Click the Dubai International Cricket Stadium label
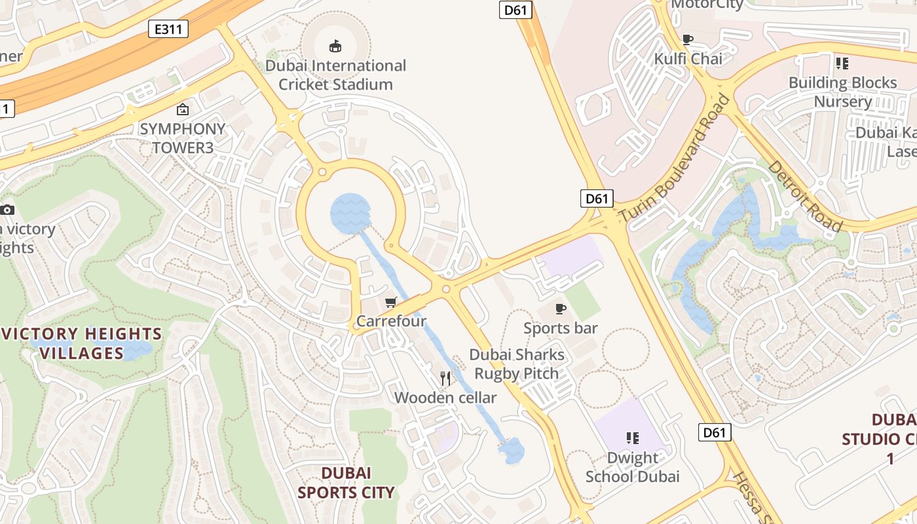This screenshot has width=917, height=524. pyautogui.click(x=335, y=75)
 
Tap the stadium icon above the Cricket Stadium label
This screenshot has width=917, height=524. pyautogui.click(x=335, y=46)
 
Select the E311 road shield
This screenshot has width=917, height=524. pyautogui.click(x=168, y=29)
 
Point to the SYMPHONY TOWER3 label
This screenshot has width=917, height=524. pyautogui.click(x=183, y=138)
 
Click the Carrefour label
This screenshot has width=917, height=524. pyautogui.click(x=391, y=321)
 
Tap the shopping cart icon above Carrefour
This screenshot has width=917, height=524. pyautogui.click(x=391, y=302)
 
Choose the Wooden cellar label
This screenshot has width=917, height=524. pyautogui.click(x=445, y=398)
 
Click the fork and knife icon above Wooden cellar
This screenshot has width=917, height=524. pyautogui.click(x=446, y=379)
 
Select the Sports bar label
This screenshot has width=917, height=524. pyautogui.click(x=561, y=327)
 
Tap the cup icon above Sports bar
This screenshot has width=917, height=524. pyautogui.click(x=561, y=309)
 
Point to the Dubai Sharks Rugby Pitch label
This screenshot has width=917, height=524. pyautogui.click(x=517, y=364)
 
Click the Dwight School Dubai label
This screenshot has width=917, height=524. pyautogui.click(x=633, y=467)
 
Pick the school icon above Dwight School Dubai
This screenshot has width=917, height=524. pyautogui.click(x=633, y=438)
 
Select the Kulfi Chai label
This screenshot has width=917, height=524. pyautogui.click(x=688, y=59)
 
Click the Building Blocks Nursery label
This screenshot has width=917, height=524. pyautogui.click(x=842, y=92)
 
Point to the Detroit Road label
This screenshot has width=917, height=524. pyautogui.click(x=805, y=196)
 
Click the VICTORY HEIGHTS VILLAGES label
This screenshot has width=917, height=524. pyautogui.click(x=82, y=344)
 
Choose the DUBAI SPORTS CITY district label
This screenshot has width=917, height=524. pyautogui.click(x=346, y=483)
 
